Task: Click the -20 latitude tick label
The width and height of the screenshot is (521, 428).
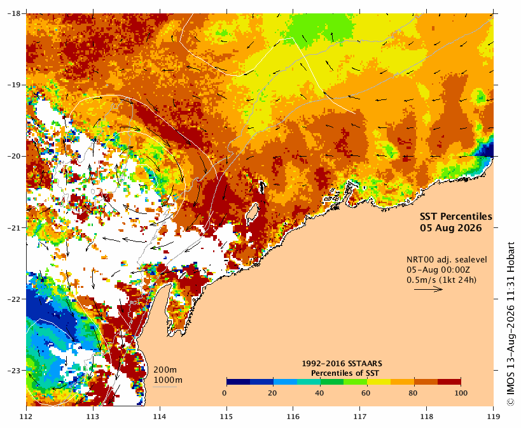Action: (13, 156)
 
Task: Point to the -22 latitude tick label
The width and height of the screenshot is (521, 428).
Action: (13, 299)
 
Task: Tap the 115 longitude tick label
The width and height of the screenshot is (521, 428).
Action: (226, 417)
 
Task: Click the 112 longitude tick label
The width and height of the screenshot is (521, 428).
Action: (26, 417)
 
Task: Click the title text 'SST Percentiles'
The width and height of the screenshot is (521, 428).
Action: (456, 217)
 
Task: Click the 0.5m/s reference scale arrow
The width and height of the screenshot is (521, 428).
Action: (428, 289)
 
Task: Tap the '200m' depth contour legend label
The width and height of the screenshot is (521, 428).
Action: (165, 370)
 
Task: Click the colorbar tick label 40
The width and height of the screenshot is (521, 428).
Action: (319, 393)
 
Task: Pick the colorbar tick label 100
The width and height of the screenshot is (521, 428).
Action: (461, 393)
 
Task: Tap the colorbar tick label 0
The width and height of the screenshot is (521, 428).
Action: (225, 393)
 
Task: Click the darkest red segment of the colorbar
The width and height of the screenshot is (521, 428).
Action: (449, 382)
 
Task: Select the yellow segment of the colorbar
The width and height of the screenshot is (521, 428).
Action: (379, 382)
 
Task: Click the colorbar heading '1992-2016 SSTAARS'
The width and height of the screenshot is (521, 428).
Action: (342, 364)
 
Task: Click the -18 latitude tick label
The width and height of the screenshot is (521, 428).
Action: (13, 13)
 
